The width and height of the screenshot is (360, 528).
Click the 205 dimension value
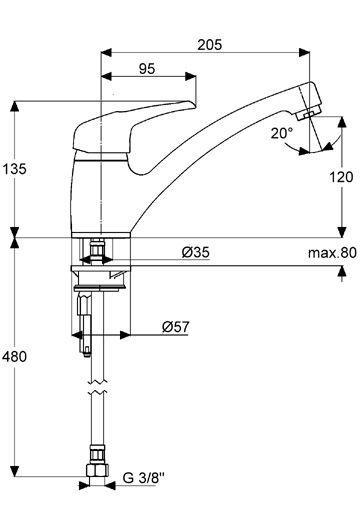pyautogui.click(x=209, y=44)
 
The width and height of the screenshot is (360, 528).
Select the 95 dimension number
pyautogui.click(x=147, y=69)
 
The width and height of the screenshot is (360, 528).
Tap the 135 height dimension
pyautogui.click(x=14, y=168)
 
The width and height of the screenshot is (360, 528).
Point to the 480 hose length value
pyautogui.click(x=14, y=356)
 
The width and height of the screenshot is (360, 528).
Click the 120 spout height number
pyautogui.click(x=341, y=177)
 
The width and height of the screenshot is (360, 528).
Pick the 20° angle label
pyautogui.click(x=282, y=133)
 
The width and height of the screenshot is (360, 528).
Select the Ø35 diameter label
pyautogui.click(x=196, y=252)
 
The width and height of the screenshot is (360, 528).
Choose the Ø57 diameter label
pyautogui.click(x=175, y=327)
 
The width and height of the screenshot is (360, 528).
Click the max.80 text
pyautogui.click(x=332, y=253)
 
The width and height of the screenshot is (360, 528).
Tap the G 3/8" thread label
pyautogui.click(x=144, y=477)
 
